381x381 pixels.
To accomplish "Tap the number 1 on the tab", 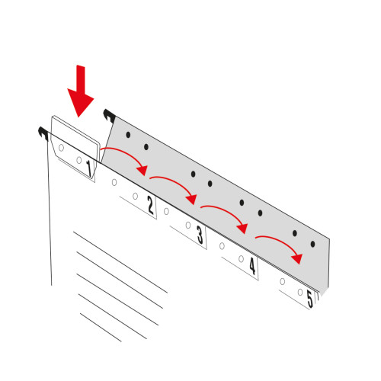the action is pyautogui.click(x=89, y=168).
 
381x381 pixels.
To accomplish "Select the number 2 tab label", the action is pyautogui.click(x=151, y=205).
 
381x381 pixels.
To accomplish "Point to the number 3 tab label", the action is pyautogui.click(x=200, y=235).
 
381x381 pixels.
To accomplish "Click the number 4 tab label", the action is pyautogui.click(x=252, y=266).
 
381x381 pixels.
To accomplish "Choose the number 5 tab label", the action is pyautogui.click(x=310, y=299).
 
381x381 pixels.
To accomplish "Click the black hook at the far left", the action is pyautogui.click(x=43, y=133).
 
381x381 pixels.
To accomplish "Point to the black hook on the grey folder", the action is pyautogui.click(x=109, y=116).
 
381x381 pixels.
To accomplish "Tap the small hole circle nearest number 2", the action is pyautogui.click(x=136, y=196).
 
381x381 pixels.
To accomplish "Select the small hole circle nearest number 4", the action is pyautogui.click(x=241, y=259).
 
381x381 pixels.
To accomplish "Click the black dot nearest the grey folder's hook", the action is pyautogui.click(x=128, y=135).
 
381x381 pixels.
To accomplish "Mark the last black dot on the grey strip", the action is pyautogui.click(x=313, y=244).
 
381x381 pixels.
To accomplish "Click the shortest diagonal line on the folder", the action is pyautogui.click(x=101, y=328).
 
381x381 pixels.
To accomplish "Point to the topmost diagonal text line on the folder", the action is pyautogui.click(x=120, y=262).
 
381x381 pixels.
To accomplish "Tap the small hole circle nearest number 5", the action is pyautogui.click(x=300, y=292).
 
